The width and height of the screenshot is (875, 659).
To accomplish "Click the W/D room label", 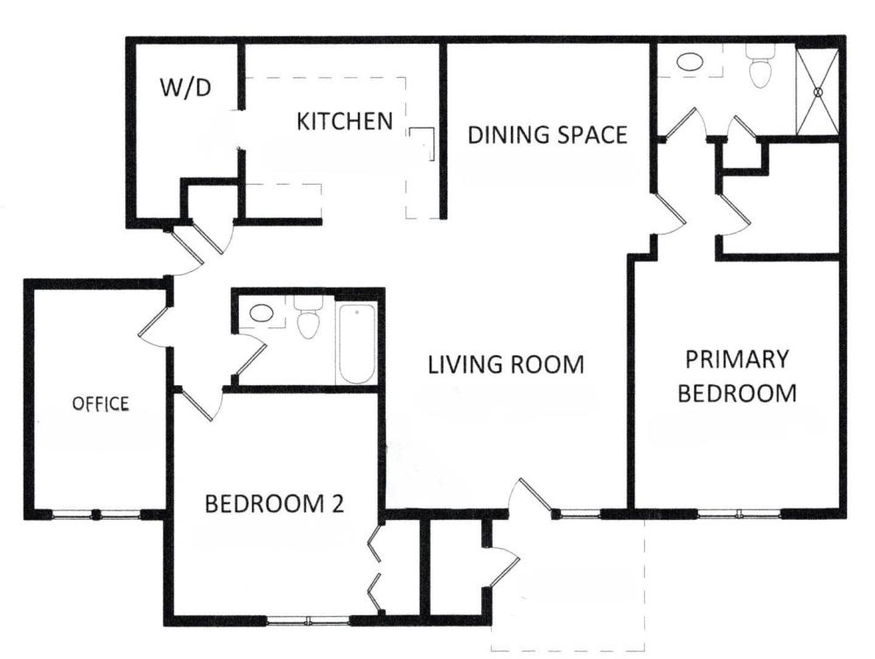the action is click(x=185, y=88).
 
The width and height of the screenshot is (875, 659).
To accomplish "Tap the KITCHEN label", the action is click(x=345, y=121).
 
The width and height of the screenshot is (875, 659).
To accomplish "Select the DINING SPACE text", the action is click(x=548, y=135).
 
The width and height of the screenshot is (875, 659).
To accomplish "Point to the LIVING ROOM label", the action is click(x=506, y=364).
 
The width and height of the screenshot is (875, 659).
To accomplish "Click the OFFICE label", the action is click(x=101, y=403).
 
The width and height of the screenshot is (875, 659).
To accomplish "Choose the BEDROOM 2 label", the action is click(x=275, y=503).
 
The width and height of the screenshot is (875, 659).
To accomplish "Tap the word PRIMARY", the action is click(x=737, y=360).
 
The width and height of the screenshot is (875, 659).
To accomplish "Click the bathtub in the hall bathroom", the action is click(x=357, y=343).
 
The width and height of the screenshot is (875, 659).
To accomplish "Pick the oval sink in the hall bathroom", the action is click(x=261, y=313).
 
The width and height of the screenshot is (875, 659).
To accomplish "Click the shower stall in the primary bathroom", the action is click(x=817, y=92).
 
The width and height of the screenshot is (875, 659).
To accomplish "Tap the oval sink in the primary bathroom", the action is click(x=689, y=61).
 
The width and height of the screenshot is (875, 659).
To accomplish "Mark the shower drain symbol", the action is click(x=819, y=92).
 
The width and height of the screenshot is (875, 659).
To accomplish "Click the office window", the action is click(x=96, y=514).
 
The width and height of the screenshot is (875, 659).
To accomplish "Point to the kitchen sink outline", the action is click(x=422, y=144).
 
